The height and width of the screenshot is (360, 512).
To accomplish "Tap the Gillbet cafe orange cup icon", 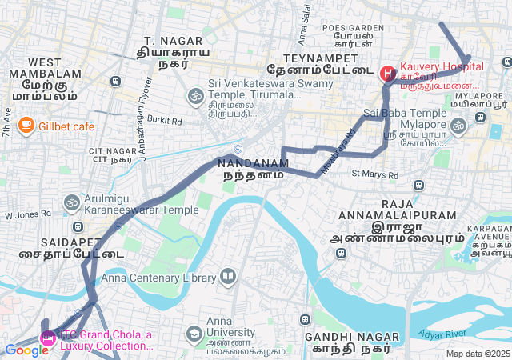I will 26,126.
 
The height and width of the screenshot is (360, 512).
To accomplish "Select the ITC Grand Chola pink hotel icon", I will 47,339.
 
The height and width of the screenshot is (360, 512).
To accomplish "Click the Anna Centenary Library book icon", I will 228,278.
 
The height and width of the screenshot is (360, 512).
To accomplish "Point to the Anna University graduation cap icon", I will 194,333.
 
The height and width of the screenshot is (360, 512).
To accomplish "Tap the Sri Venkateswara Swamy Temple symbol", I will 194,97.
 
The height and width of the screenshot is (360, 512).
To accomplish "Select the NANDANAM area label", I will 253,162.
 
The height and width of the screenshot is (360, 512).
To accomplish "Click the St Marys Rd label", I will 374,174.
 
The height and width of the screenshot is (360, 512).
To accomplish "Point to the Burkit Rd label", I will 165,120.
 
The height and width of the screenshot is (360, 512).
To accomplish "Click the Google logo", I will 26,350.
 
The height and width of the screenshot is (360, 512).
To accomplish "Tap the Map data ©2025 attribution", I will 478,354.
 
